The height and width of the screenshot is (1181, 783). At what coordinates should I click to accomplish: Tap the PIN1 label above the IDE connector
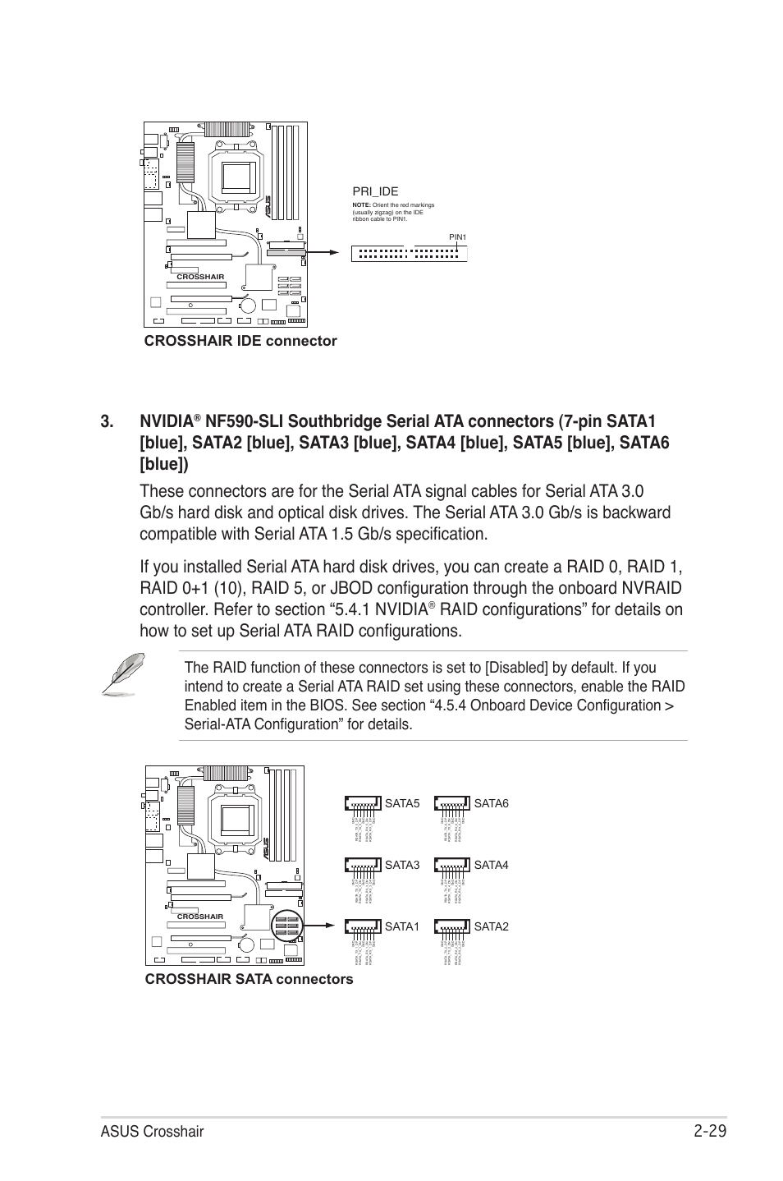point(457,237)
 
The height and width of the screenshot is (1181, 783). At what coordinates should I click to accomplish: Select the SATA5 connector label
point(401,803)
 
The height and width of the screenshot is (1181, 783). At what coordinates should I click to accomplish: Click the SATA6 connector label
point(491,803)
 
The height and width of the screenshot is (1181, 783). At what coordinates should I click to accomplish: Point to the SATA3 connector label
point(401,865)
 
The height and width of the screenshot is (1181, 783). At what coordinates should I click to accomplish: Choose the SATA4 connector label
point(491,865)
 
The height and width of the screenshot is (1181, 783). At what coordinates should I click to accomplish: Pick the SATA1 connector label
point(401,926)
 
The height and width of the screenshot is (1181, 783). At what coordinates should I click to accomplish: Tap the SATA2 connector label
point(491,926)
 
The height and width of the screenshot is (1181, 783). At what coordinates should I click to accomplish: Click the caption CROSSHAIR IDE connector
point(240,341)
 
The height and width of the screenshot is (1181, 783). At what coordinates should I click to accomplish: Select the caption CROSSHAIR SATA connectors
point(249,979)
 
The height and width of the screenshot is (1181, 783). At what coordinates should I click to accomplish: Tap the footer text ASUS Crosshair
point(153,1133)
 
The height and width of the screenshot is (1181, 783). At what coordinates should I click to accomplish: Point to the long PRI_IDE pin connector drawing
point(409,254)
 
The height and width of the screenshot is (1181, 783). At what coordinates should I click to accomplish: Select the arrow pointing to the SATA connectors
point(320,926)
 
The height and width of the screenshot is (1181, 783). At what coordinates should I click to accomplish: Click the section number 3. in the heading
point(108,422)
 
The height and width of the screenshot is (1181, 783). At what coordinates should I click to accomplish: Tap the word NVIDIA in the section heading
point(167,422)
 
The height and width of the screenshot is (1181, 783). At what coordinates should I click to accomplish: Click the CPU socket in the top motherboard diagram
point(236,175)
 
